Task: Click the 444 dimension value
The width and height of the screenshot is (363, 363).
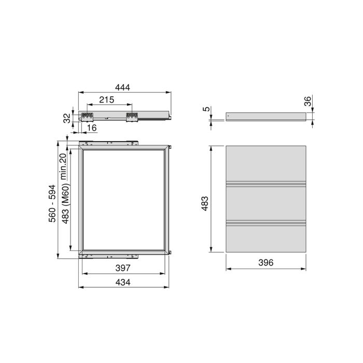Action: (x=123, y=88)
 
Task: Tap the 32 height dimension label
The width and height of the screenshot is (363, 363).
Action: (x=66, y=118)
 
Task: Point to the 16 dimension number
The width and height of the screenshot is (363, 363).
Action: (x=91, y=128)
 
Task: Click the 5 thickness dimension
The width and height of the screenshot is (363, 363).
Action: (x=206, y=109)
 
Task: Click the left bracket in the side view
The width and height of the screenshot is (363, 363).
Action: (x=87, y=116)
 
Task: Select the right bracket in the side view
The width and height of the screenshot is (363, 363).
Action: (x=131, y=117)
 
